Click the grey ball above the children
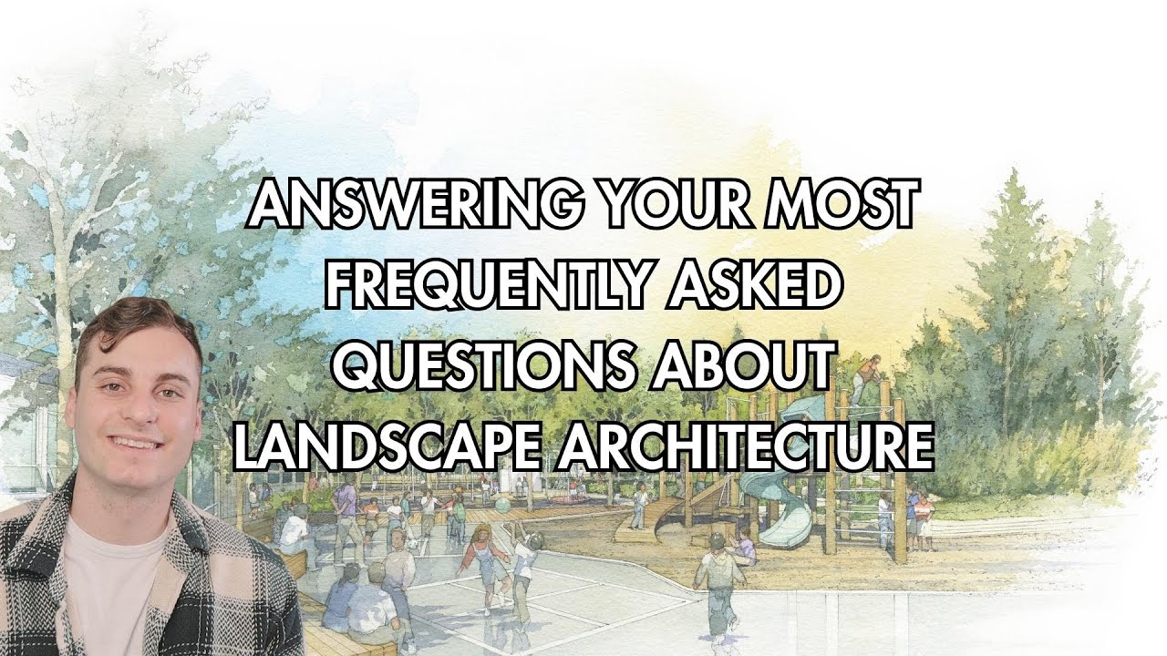click(503, 501)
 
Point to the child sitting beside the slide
click(745, 547)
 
